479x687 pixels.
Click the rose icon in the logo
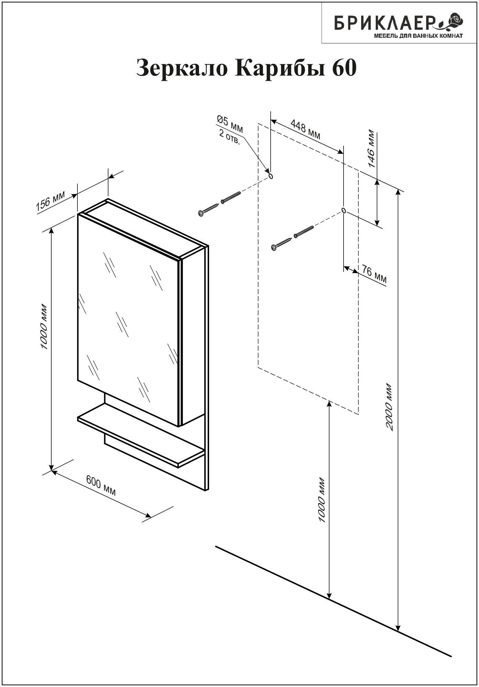[x=454, y=21]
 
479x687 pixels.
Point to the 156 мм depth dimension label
[x=50, y=202]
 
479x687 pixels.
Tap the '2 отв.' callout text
[x=230, y=137]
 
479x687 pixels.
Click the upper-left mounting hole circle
[x=271, y=176]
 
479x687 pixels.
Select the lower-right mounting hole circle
[x=344, y=210]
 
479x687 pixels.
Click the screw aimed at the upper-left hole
[x=209, y=209]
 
